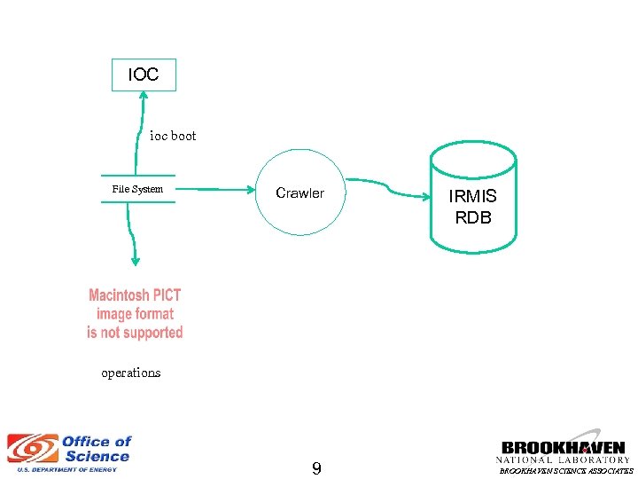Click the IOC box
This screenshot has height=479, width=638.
click(x=144, y=75)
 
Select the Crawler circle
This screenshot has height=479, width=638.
click(x=300, y=192)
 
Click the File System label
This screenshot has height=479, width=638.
click(x=137, y=189)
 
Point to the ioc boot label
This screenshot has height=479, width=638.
click(x=173, y=136)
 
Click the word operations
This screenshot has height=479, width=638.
click(x=131, y=373)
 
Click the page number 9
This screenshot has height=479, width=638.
click(x=316, y=467)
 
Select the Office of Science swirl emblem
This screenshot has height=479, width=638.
click(x=31, y=450)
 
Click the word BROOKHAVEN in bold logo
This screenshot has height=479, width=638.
click(x=564, y=448)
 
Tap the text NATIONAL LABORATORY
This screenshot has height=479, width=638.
click(x=564, y=459)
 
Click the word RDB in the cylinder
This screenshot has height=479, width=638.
click(x=472, y=217)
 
